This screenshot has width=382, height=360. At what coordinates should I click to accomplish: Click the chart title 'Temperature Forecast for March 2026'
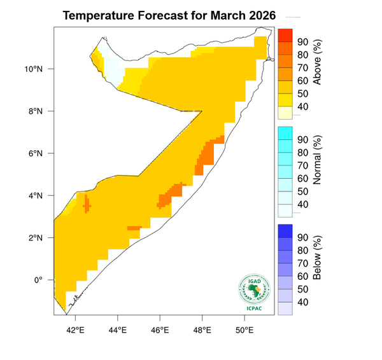[170, 16]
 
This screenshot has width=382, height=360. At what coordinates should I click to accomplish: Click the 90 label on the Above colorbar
[303, 42]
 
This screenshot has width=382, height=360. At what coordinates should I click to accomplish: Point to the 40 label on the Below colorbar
[303, 301]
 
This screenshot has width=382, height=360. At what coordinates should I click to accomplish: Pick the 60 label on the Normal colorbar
[303, 178]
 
